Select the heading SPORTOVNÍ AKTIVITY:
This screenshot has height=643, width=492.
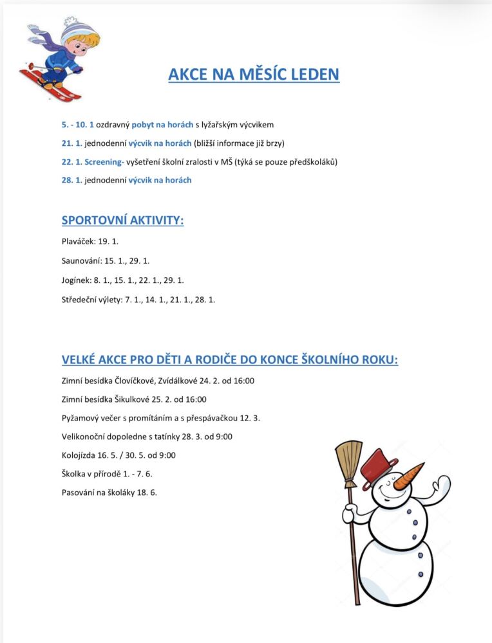122,221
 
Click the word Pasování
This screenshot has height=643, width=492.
80,493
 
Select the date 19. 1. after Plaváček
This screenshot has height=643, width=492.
109,242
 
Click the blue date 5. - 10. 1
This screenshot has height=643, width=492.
77,124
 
